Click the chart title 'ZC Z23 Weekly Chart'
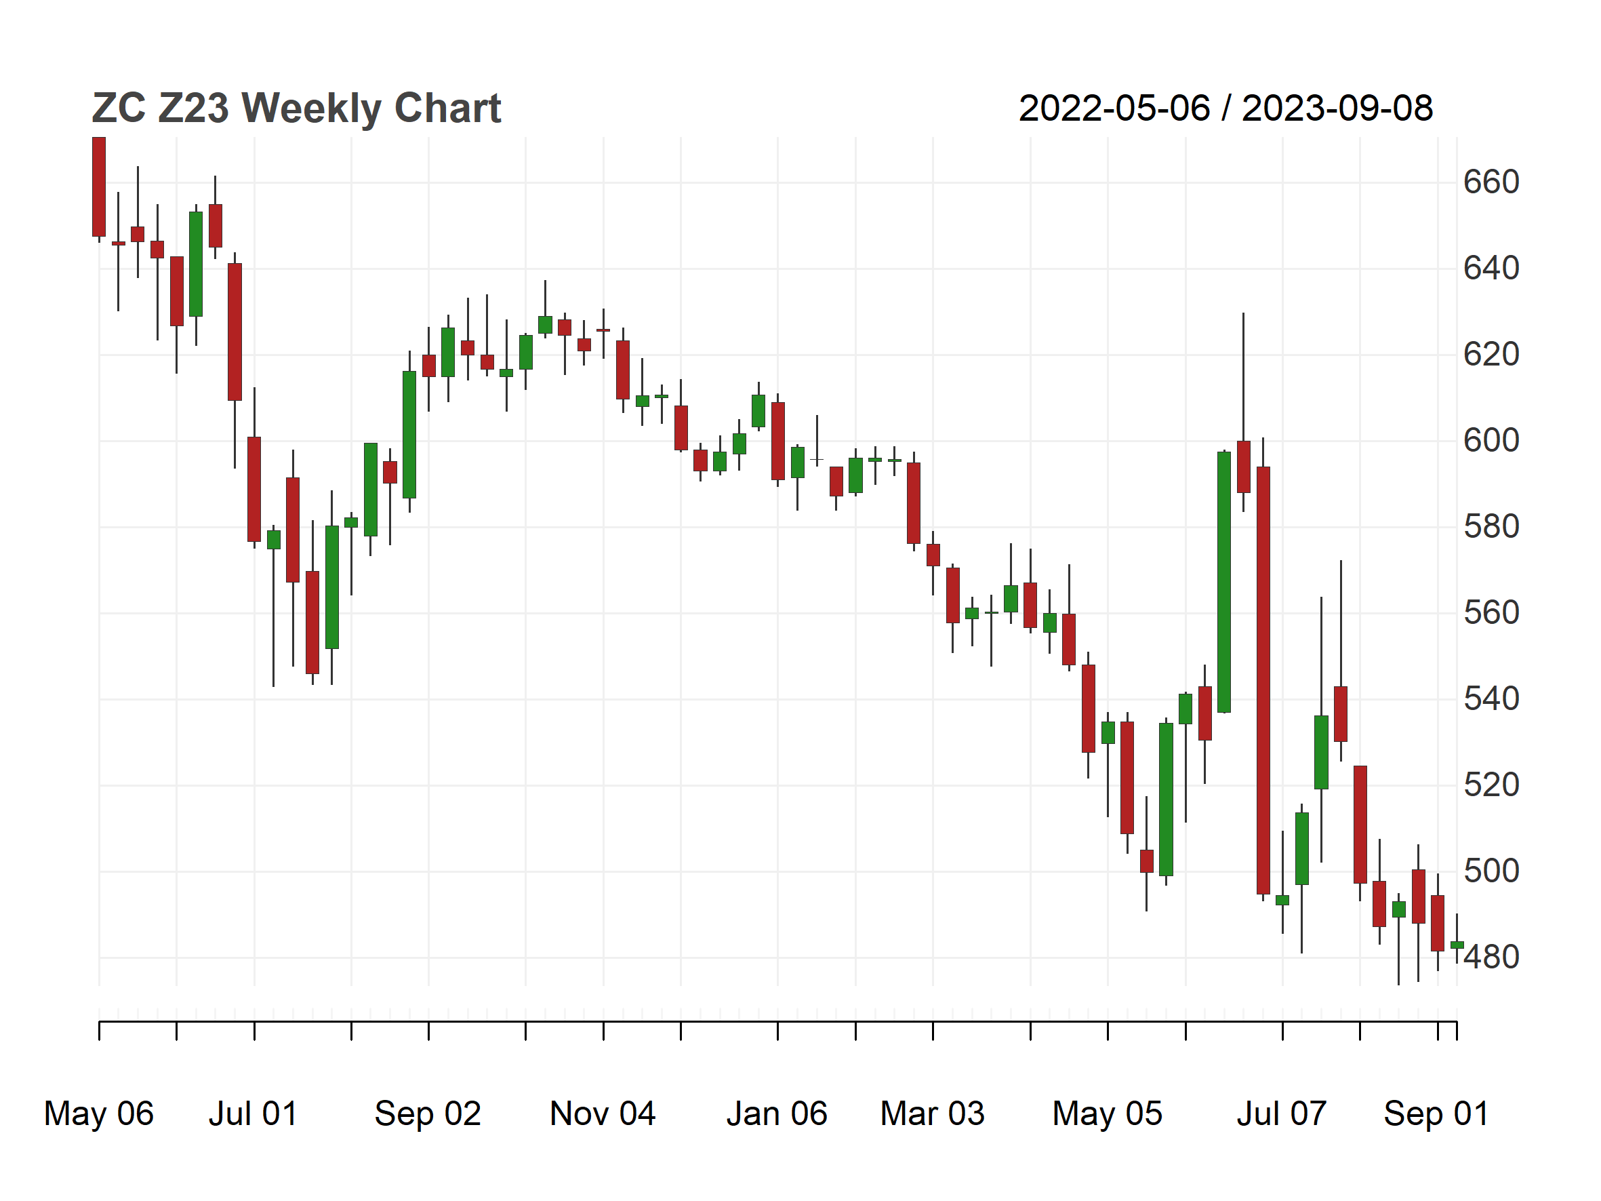[x=296, y=109]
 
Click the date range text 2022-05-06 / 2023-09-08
[x=1225, y=109]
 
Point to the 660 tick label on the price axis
[x=1491, y=182]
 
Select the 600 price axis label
[x=1491, y=440]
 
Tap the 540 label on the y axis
[x=1491, y=698]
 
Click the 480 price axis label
[x=1491, y=957]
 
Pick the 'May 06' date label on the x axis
[x=99, y=1114]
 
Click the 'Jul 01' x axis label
[x=254, y=1114]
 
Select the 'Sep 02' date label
[x=428, y=1114]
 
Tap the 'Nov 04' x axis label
[x=603, y=1114]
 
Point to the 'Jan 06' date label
[x=777, y=1114]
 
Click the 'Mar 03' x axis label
[x=932, y=1114]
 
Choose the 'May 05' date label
[x=1108, y=1114]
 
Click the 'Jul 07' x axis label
[x=1282, y=1114]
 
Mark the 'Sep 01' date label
[x=1437, y=1114]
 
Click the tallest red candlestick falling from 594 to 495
[x=1263, y=680]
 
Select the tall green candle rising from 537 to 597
[x=1224, y=582]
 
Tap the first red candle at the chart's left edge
[x=99, y=186]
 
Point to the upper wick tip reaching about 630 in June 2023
[x=1244, y=313]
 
